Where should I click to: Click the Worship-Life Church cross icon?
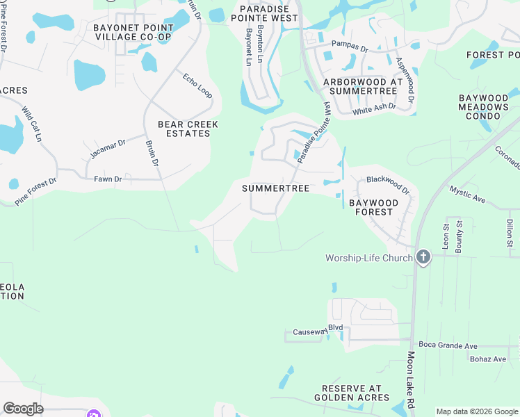(x=423, y=258)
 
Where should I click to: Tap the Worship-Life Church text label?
(x=369, y=258)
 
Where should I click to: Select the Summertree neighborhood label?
(x=275, y=188)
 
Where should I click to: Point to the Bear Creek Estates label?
(x=188, y=129)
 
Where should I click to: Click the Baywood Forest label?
(x=374, y=207)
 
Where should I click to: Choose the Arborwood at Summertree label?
(x=363, y=86)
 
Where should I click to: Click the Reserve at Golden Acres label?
(x=355, y=393)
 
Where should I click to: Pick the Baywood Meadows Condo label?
(x=484, y=107)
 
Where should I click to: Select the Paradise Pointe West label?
(x=269, y=13)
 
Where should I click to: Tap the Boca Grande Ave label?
(x=448, y=345)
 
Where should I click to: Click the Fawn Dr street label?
(x=108, y=179)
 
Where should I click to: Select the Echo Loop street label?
(x=197, y=86)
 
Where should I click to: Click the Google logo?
(x=23, y=409)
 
